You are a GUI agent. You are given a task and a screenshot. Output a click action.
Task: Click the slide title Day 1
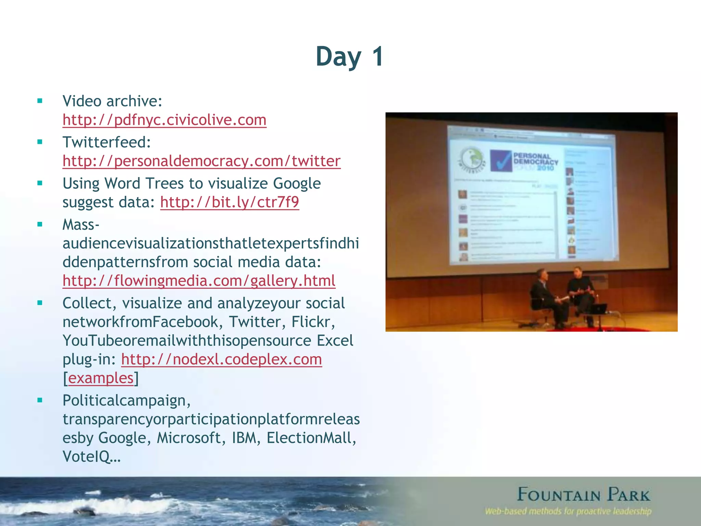pyautogui.click(x=349, y=57)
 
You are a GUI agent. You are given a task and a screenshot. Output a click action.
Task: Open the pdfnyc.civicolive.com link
pyautogui.click(x=164, y=120)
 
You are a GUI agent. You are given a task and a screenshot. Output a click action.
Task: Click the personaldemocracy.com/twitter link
pyautogui.click(x=201, y=161)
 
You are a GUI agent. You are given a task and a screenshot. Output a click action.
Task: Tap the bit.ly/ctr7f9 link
pyautogui.click(x=229, y=202)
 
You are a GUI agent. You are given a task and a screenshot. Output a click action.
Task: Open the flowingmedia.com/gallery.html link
pyautogui.click(x=199, y=281)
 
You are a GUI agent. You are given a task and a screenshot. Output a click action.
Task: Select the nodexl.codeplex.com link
pyautogui.click(x=221, y=360)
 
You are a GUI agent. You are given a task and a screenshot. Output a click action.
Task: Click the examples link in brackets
pyautogui.click(x=101, y=378)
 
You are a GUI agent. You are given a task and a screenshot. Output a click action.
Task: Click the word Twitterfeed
pyautogui.click(x=106, y=142)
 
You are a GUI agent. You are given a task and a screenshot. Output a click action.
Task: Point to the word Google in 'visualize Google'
pyautogui.click(x=297, y=184)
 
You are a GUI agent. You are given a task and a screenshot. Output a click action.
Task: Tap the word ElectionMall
pyautogui.click(x=311, y=438)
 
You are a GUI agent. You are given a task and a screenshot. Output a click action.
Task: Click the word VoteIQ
pyautogui.click(x=91, y=456)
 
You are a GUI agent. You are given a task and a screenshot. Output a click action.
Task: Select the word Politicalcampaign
pyautogui.click(x=126, y=400)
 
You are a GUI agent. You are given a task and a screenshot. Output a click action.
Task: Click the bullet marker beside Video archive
pyautogui.click(x=40, y=101)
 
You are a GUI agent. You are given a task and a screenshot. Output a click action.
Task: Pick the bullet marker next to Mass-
pyautogui.click(x=40, y=225)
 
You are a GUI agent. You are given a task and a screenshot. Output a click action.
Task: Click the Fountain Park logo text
pyautogui.click(x=583, y=495)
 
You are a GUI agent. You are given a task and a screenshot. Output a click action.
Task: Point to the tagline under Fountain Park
pyautogui.click(x=568, y=512)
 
